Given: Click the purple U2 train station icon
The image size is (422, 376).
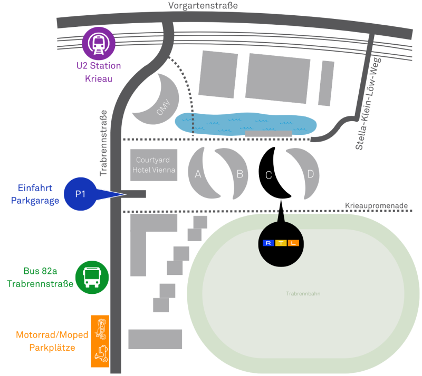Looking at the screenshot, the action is pyautogui.click(x=99, y=44).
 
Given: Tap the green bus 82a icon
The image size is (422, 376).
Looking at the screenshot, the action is pyautogui.click(x=92, y=278).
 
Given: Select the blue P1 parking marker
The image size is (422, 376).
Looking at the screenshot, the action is pyautogui.click(x=80, y=194).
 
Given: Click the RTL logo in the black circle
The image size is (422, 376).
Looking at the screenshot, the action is pyautogui.click(x=281, y=243).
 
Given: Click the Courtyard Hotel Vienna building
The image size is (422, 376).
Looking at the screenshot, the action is pyautogui.click(x=154, y=165).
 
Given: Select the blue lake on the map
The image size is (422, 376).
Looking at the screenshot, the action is pyautogui.click(x=246, y=124).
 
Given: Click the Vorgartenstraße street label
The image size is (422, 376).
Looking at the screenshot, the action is pyautogui.click(x=203, y=5).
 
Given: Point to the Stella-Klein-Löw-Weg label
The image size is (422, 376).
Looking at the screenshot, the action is pyautogui.click(x=368, y=104).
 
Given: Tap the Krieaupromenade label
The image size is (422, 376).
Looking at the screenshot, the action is pyautogui.click(x=376, y=205).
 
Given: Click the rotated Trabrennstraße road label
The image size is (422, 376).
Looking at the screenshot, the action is pyautogui.click(x=103, y=143).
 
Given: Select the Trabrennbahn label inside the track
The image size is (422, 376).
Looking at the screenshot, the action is pyautogui.click(x=303, y=293).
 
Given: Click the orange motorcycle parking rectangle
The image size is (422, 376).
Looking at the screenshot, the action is pyautogui.click(x=100, y=341).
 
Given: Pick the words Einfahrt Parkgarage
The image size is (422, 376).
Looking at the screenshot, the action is pyautogui.click(x=35, y=194).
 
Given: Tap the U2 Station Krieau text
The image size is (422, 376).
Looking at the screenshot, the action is pyautogui.click(x=99, y=72).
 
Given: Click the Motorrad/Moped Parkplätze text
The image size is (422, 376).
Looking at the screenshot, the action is pyautogui.click(x=52, y=341).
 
